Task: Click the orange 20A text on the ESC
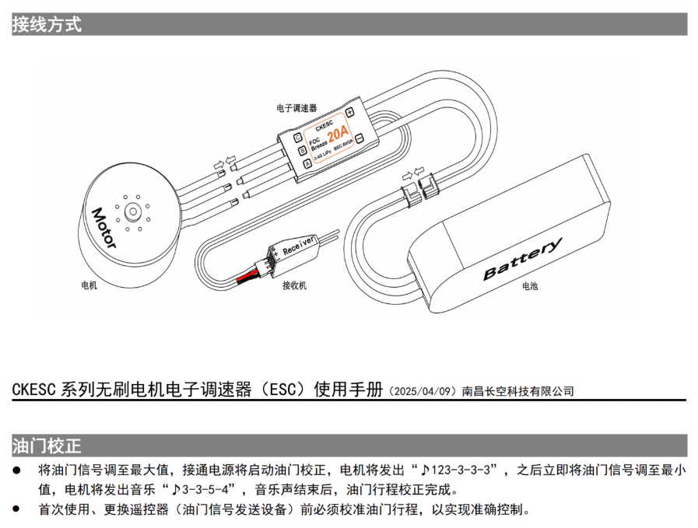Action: click(338, 134)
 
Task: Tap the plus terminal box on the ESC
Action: click(351, 111)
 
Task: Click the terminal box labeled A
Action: click(307, 163)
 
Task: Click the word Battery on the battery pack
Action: click(522, 260)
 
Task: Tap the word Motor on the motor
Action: click(103, 227)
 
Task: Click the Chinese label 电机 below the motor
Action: click(89, 285)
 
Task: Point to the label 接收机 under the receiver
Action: click(294, 285)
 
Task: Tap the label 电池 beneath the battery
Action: click(529, 285)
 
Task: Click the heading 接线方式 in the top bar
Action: click(47, 24)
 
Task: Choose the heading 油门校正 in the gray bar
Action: click(47, 446)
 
